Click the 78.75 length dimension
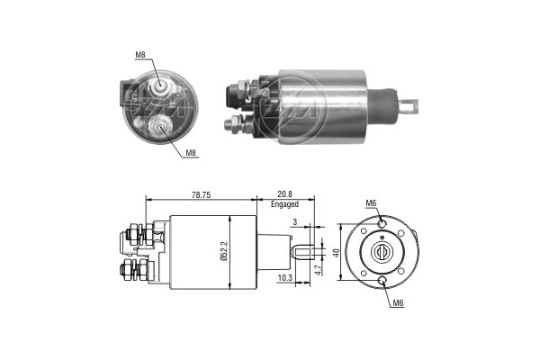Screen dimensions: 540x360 (201, 195)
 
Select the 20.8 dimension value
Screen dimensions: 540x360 (285, 195)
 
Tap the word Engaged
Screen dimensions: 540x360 (284, 204)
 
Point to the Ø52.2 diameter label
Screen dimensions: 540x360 (224, 252)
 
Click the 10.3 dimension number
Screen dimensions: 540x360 (284, 278)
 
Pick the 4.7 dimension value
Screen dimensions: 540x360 (319, 268)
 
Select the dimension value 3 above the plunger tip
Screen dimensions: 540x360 (295, 222)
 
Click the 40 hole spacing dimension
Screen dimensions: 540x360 (337, 253)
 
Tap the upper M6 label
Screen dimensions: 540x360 (371, 203)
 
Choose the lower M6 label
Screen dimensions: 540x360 (398, 302)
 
